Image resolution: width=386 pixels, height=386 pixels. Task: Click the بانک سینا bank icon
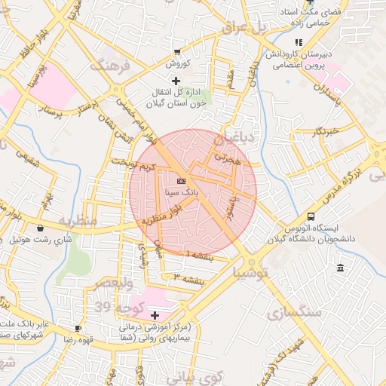[x=181, y=182]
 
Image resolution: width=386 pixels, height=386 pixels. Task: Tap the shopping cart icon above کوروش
[x=176, y=52]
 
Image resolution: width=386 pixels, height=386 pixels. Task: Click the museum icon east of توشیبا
[x=341, y=268]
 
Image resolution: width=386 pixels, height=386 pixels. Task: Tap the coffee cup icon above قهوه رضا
[x=78, y=329]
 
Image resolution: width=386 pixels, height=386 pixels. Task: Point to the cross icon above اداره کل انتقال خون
[x=176, y=80]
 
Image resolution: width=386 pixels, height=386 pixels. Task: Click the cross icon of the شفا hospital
[x=155, y=315]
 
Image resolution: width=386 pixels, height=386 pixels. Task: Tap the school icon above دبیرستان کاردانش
[x=299, y=43]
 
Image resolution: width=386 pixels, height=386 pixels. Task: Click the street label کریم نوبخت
[x=132, y=164]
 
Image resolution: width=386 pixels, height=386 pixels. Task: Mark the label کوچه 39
[x=114, y=307]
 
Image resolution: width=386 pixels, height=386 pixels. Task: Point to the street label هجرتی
[x=226, y=159]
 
